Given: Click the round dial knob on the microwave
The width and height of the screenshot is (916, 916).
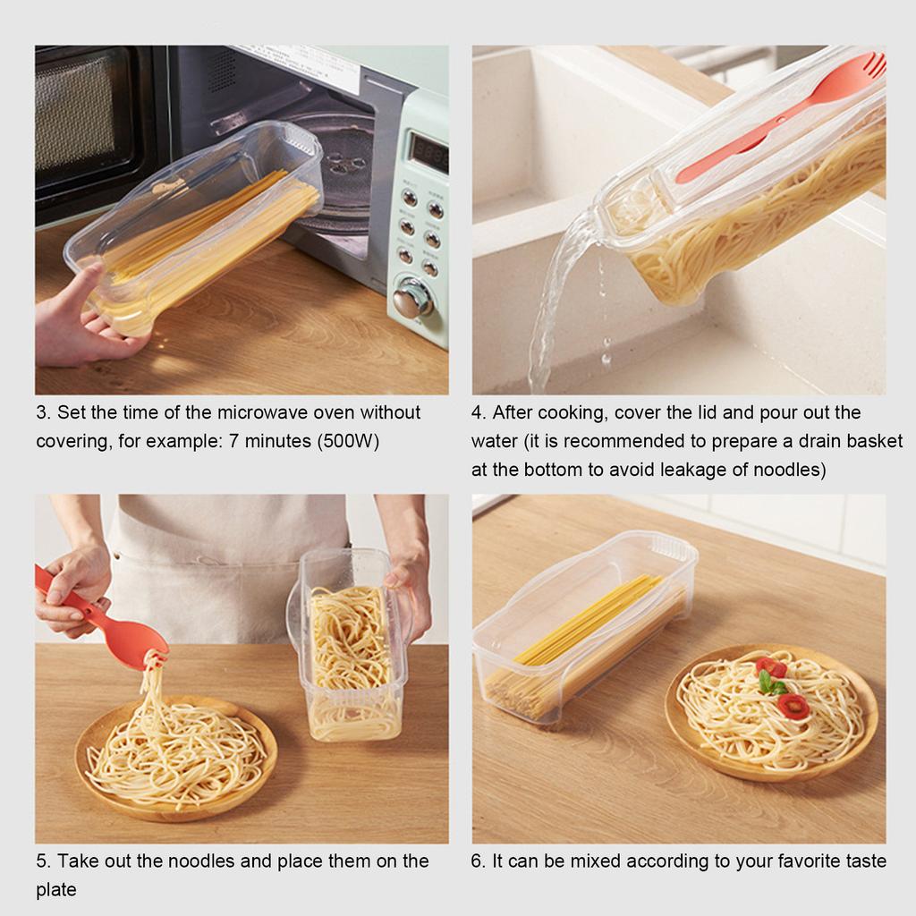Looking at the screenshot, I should (x=412, y=298).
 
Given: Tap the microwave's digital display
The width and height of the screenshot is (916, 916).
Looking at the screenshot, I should (x=428, y=154).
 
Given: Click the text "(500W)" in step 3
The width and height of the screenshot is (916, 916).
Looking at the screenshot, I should (x=349, y=442).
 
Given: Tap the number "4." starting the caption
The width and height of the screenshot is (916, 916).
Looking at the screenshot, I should (x=479, y=413).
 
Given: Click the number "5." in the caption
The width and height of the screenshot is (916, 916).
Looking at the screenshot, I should (x=43, y=861).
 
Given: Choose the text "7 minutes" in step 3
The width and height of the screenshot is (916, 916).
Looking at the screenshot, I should (x=273, y=442).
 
